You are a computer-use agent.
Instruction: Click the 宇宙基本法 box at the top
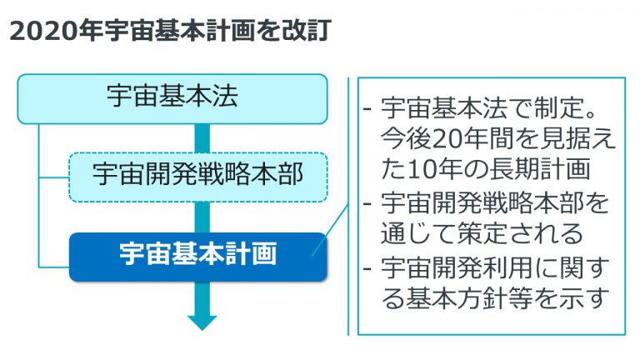[x=172, y=99]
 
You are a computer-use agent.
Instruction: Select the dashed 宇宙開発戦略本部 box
[x=198, y=177]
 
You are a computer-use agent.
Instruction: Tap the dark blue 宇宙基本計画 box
[x=198, y=257]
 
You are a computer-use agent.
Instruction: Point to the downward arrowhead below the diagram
[x=202, y=322]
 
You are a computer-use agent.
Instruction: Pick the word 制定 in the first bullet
[x=559, y=108]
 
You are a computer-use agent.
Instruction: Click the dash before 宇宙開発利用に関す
[x=367, y=268]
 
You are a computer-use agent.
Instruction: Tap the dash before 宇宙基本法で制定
[x=367, y=108]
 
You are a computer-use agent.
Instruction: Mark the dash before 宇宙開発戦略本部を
[x=367, y=203]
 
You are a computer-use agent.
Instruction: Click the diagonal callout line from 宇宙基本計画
[x=330, y=231]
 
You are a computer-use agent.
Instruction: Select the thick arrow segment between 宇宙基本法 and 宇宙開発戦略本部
[x=202, y=138]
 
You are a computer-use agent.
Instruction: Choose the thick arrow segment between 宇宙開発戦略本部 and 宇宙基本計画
[x=202, y=217]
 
